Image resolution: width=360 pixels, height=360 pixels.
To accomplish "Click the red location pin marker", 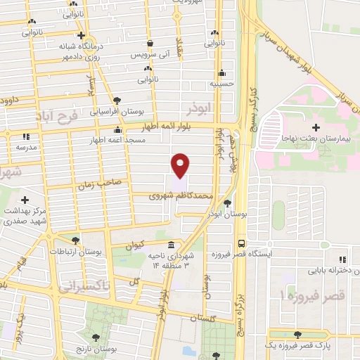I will click(181, 165).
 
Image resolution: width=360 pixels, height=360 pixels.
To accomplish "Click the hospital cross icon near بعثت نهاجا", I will click(315, 127).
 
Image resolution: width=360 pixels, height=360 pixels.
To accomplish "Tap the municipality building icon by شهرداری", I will click(172, 250).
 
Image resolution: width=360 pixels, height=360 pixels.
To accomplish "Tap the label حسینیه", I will click(221, 83).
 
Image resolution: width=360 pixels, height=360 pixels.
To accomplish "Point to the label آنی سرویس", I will click(150, 53).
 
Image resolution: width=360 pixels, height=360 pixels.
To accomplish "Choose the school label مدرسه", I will click(26, 148).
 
